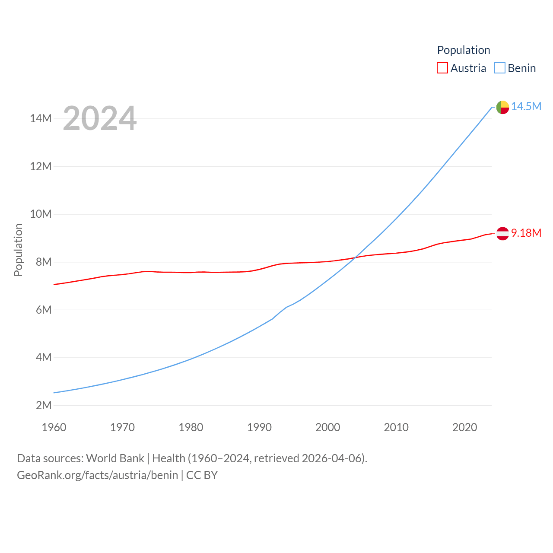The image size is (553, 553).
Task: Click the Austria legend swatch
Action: pos(442,68)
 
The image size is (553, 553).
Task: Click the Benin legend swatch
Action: pos(500,68)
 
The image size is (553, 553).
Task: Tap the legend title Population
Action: pos(464,50)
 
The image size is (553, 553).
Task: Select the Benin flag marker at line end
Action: pos(502,107)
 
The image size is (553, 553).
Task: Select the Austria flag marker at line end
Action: pos(502,234)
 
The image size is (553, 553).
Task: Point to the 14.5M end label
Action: pos(526,106)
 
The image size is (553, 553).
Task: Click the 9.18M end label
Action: pos(526,233)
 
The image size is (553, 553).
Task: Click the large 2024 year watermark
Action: pos(100,118)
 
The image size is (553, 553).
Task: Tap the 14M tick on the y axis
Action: pos(41,118)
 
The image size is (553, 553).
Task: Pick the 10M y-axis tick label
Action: pos(41,214)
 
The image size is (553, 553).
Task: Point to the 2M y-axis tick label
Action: pos(44,405)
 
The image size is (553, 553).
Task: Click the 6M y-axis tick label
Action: pos(44,310)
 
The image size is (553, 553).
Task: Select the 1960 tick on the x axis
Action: pos(54,427)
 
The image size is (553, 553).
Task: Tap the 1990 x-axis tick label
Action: pos(259,427)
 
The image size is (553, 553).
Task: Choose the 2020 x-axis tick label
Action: pos(464,427)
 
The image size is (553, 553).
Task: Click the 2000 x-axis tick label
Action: pos(328,427)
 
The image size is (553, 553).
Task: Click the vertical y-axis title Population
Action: pos(18,250)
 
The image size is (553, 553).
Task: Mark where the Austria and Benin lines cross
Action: pos(354,258)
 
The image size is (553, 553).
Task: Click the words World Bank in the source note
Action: pos(115,458)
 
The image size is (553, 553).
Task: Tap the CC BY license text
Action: pos(202,475)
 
